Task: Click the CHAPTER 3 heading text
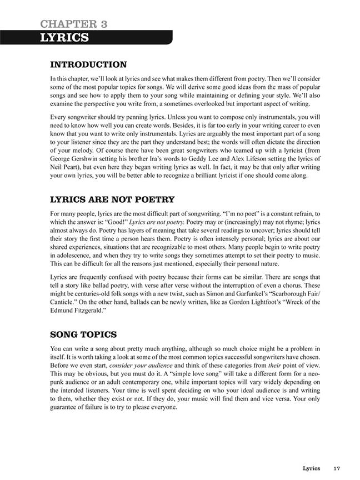[74, 23]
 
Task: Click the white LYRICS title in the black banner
[64, 37]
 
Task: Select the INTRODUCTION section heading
[88, 65]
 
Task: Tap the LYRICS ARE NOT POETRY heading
[112, 199]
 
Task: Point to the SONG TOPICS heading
[83, 334]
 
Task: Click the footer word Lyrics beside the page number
[311, 468]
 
